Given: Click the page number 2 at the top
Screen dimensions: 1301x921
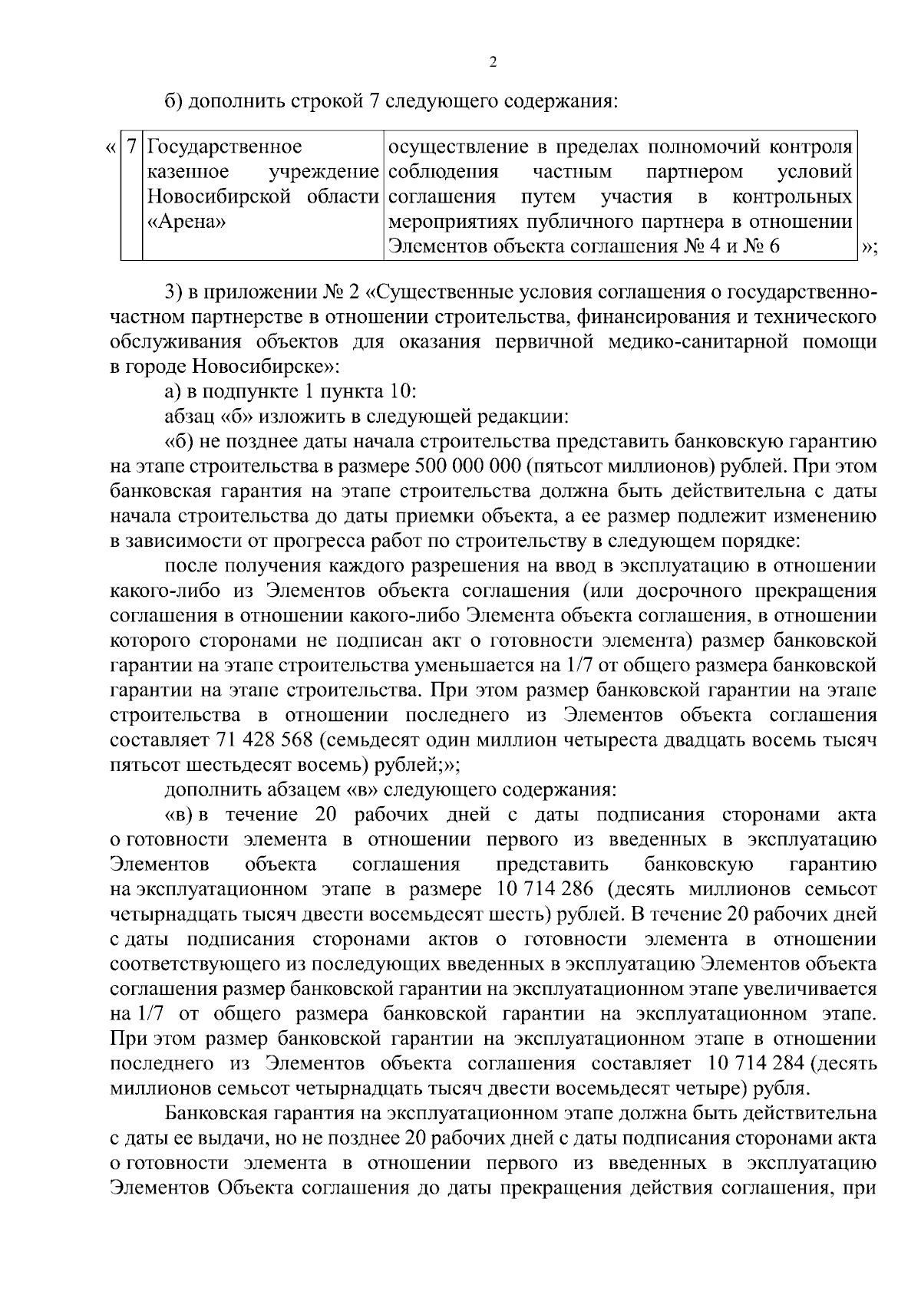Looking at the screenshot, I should point(493,63).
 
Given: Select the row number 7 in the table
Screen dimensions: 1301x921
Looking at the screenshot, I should point(132,147).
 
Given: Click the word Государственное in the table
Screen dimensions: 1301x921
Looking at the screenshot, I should point(225,147).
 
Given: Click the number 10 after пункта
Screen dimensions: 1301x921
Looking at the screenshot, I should point(401,391).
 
